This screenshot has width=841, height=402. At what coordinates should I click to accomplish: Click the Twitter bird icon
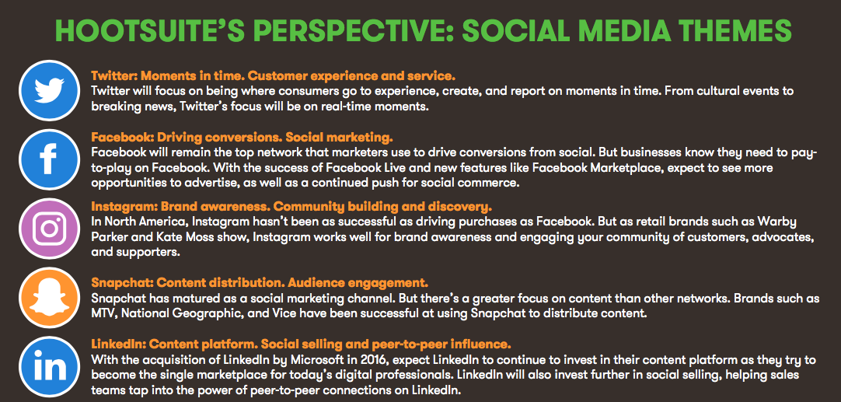tap(49, 90)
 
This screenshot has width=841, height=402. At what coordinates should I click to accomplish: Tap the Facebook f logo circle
tap(49, 159)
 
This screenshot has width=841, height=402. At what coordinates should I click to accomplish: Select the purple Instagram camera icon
tap(49, 229)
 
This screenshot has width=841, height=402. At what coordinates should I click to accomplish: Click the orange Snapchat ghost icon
tap(49, 298)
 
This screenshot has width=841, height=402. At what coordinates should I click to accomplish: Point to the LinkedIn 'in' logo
tap(49, 367)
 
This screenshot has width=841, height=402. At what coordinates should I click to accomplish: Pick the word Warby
tap(798, 222)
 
